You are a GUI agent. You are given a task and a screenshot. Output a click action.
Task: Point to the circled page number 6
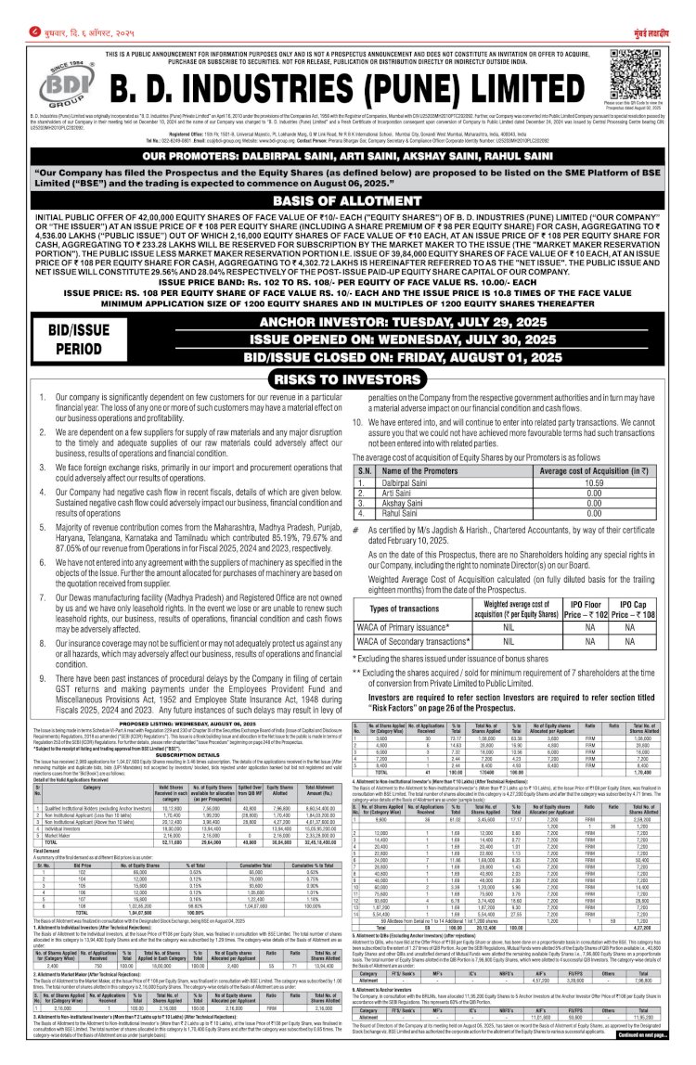pos(9,8)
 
